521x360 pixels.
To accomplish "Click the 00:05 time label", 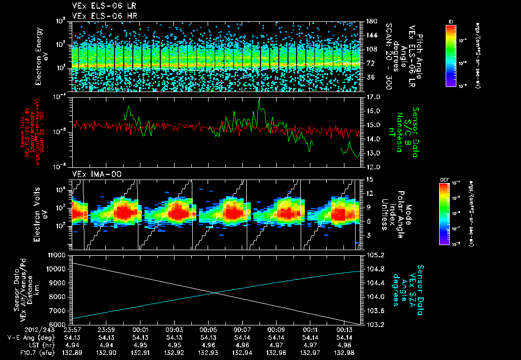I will pyautogui.click(x=209, y=330).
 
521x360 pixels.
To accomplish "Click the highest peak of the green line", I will pyautogui.click(x=259, y=100).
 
